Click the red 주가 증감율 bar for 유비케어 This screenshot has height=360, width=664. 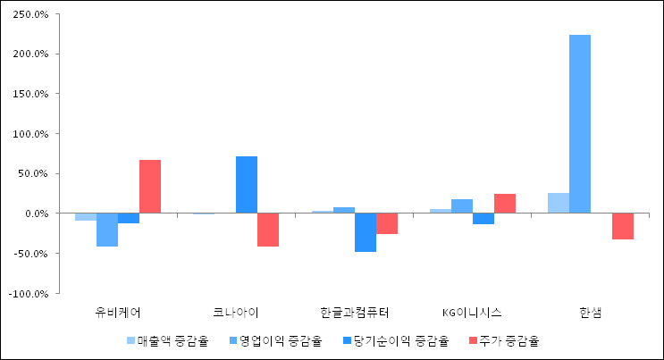150,187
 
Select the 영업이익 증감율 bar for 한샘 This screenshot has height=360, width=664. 580,123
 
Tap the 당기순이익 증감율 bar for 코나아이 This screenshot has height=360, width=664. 247,185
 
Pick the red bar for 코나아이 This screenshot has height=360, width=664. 268,230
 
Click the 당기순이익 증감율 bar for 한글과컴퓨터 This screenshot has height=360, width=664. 366,232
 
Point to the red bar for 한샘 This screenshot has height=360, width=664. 623,226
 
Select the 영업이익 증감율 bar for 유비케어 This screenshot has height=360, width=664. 107,230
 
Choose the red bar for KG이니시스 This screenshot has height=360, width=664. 505,204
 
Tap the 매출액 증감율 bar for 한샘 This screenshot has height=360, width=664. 559,203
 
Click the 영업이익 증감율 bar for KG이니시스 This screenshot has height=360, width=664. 462,205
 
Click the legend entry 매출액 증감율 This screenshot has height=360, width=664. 168,340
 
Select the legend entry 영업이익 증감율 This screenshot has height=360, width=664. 276,340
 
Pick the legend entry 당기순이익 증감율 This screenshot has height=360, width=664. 396,340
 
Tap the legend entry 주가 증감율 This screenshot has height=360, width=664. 504,340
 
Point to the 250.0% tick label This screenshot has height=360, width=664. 31,14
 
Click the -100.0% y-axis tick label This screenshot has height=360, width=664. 29,294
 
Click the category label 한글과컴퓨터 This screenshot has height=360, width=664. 355,313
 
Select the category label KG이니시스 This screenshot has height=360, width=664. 472,313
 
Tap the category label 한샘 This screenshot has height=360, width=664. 591,313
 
